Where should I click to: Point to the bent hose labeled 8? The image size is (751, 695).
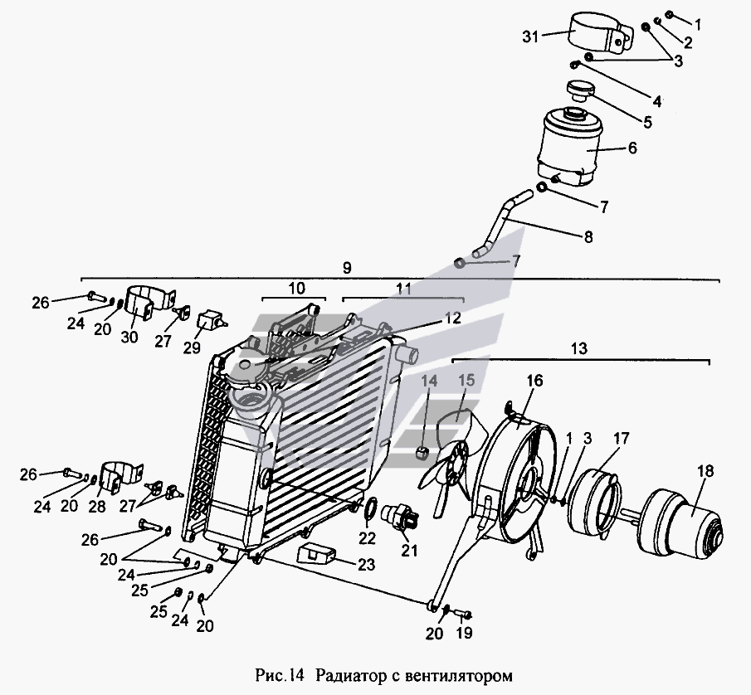[501, 223]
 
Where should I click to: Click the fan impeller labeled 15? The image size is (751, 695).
[452, 454]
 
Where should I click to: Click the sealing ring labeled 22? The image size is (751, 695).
[371, 511]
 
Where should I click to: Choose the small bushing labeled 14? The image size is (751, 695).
[421, 451]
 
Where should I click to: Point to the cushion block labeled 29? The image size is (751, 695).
[210, 320]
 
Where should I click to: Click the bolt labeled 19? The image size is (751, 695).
[464, 613]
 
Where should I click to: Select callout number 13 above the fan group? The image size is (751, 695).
[579, 348]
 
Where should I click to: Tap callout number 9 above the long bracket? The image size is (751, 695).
[347, 268]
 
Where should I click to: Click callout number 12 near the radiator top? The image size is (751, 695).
[452, 318]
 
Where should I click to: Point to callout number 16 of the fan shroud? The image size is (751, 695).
[534, 381]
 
